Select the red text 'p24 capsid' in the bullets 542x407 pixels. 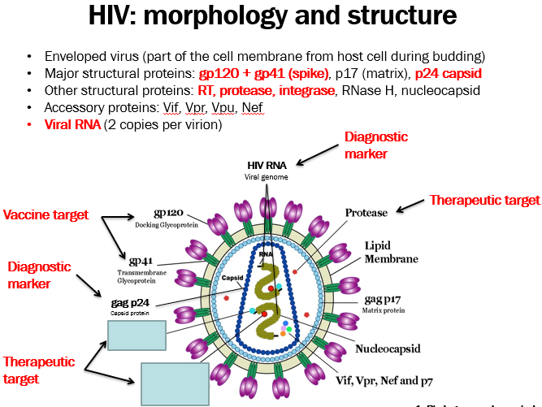[450, 73]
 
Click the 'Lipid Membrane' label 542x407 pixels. [391, 253]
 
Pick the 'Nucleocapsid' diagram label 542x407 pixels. [388, 349]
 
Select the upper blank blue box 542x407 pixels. [137, 334]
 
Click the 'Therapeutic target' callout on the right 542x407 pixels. [484, 200]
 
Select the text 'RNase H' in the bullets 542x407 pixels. [368, 90]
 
